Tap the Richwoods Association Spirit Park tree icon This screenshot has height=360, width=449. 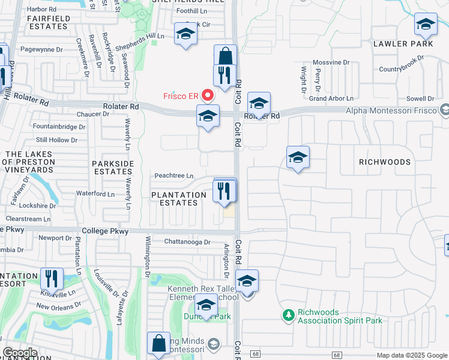[x=289, y=315]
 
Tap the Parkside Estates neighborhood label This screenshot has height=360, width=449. [x=112, y=167]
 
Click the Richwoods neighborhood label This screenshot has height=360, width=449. [x=385, y=162]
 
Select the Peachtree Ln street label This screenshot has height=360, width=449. [x=174, y=176]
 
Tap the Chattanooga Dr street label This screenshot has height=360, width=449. [x=188, y=242]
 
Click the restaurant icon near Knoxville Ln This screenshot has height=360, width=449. [x=52, y=278]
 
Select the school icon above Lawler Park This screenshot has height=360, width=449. [x=426, y=25]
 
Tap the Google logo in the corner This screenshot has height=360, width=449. [x=20, y=353]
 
